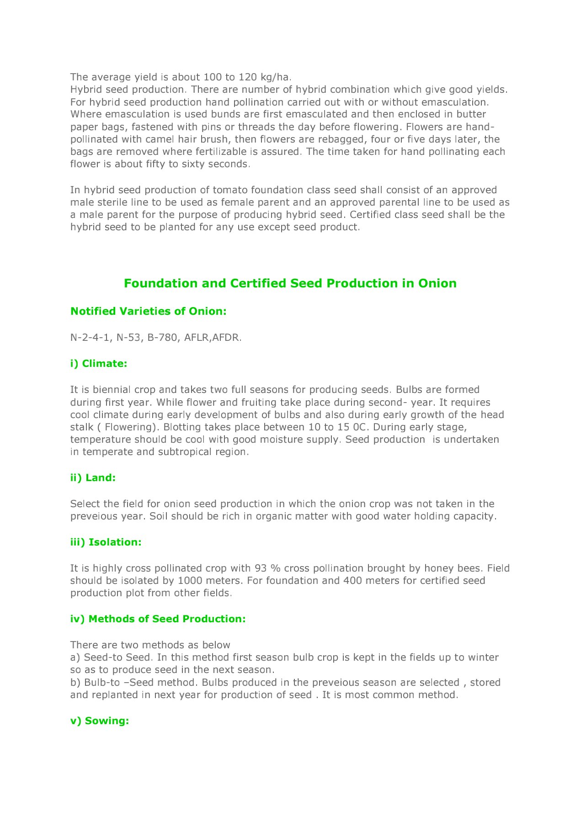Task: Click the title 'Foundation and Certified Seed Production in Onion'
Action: point(290,283)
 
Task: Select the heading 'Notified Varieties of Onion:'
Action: point(149,311)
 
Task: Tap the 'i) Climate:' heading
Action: point(99,364)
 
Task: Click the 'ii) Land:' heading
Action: point(93,478)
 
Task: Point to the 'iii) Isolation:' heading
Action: point(106,542)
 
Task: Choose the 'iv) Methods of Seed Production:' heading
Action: point(158,619)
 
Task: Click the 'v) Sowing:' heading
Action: point(100,721)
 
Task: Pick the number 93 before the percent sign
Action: point(261,568)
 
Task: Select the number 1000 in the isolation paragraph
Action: point(190,581)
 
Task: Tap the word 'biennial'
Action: point(112,390)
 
